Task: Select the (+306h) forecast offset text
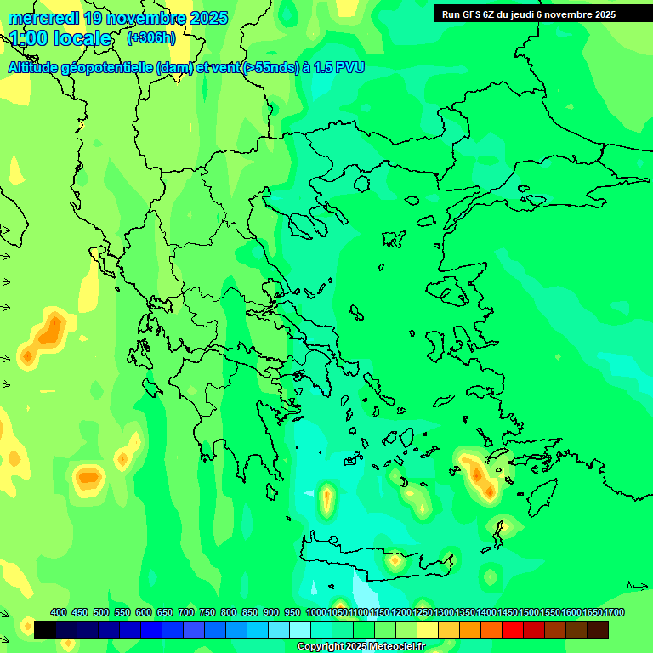point(150,38)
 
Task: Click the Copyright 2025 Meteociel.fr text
point(361,647)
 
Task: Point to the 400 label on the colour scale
point(59,612)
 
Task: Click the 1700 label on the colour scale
point(615,612)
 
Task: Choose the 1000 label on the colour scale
point(315,612)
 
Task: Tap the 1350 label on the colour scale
point(465,612)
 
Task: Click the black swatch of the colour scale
point(45,629)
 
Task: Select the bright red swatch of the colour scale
point(513,629)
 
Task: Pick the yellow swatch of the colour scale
point(428,629)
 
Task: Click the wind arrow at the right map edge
point(637,586)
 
